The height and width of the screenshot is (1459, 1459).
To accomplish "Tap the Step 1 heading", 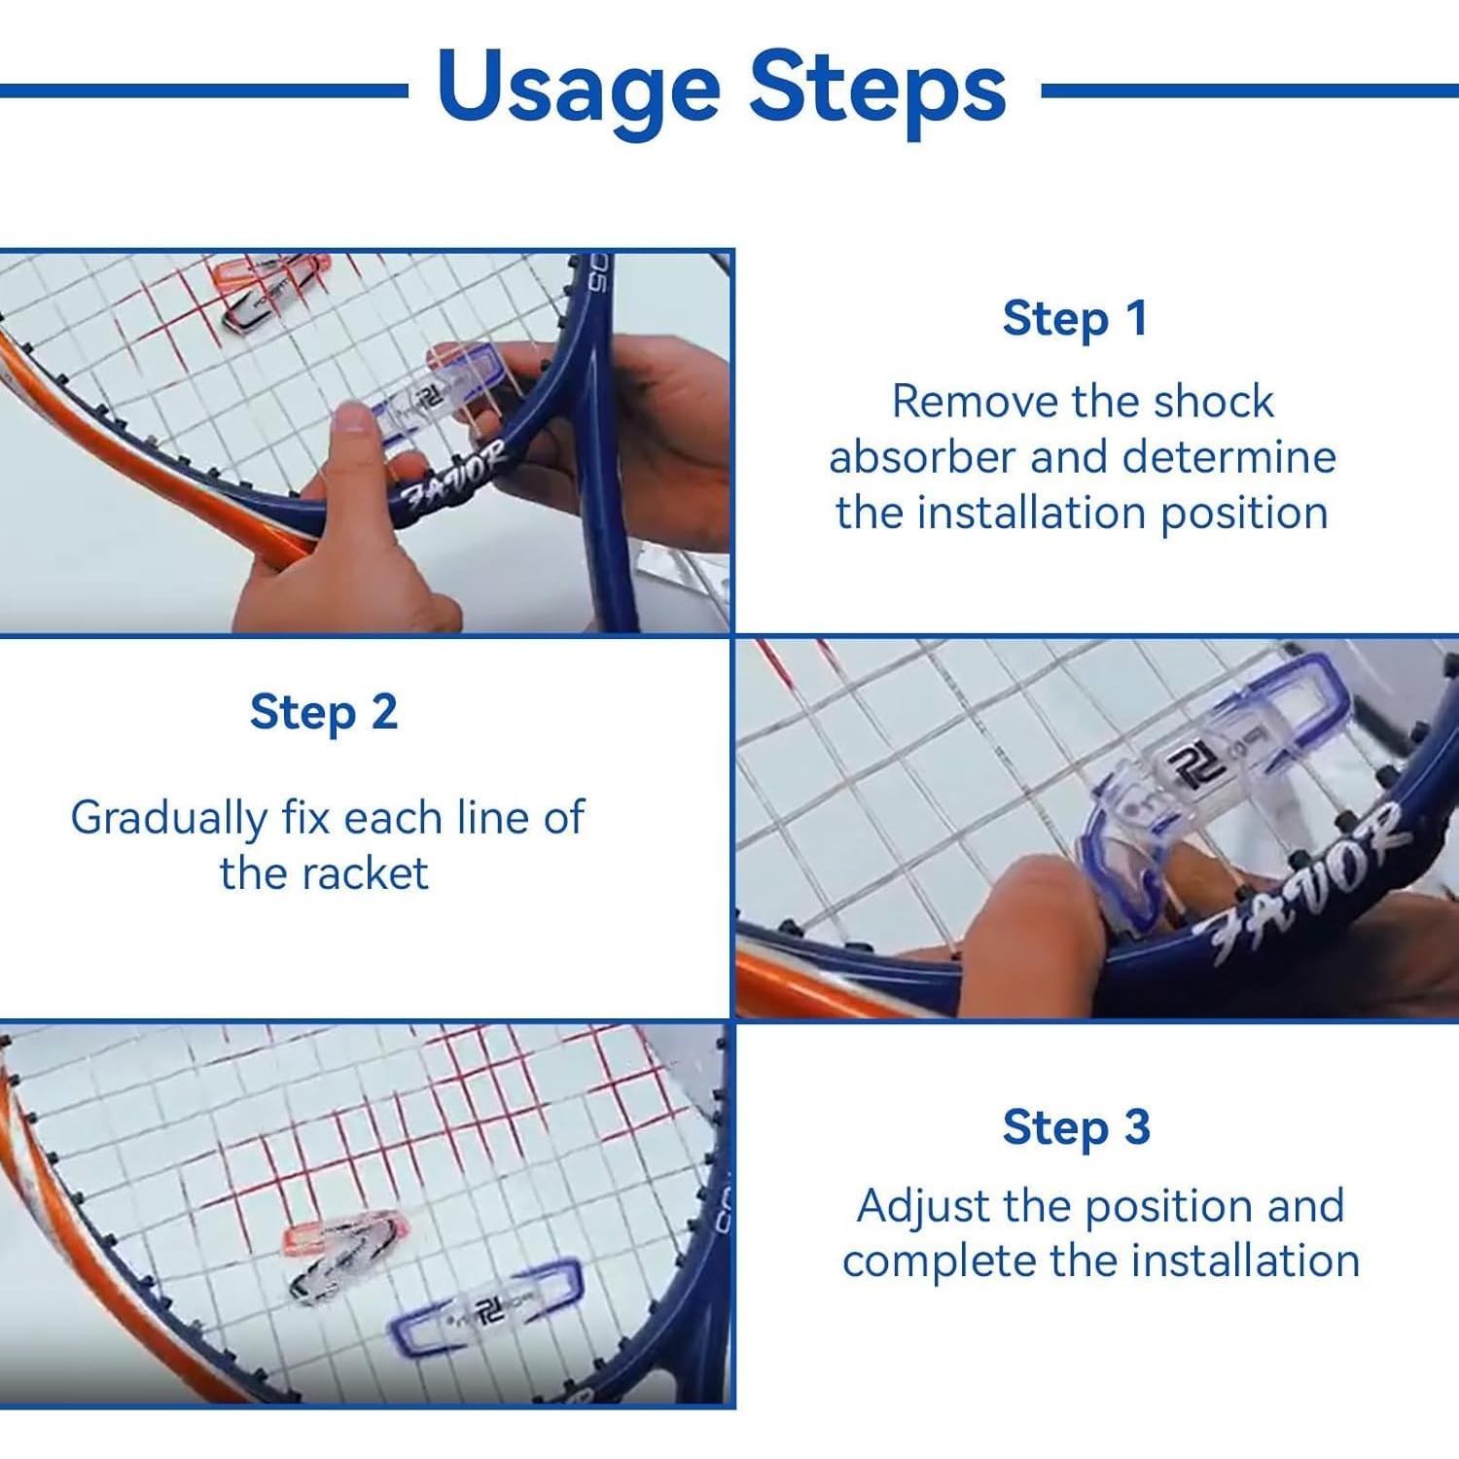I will point(1075,319).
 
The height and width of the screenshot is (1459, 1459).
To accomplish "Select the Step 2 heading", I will point(324,712).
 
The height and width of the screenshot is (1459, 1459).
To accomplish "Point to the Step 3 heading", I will point(1077,1128).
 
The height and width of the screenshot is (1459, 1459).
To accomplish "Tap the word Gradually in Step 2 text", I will point(167,819).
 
